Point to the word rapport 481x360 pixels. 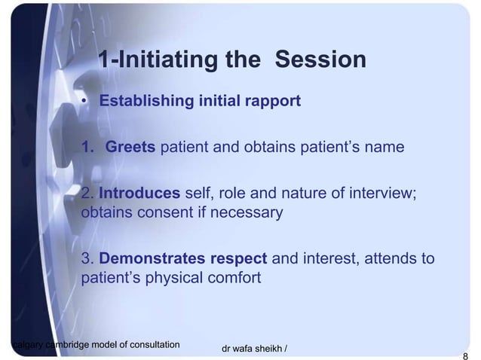272,101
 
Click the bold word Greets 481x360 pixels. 130,147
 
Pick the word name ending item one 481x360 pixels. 384,147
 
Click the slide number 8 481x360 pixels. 465,356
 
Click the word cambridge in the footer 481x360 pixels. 67,345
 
